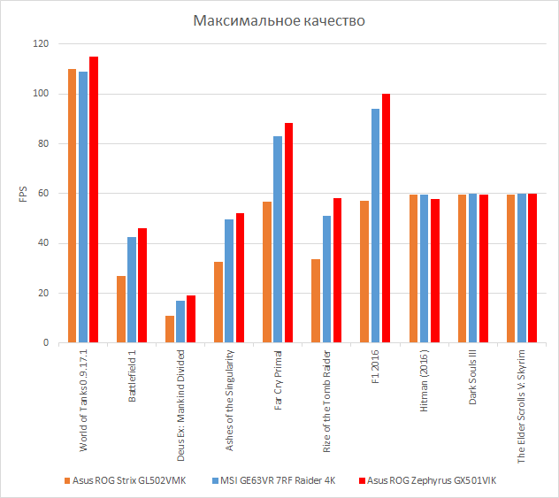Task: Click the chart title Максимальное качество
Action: coord(279,20)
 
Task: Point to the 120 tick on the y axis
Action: coord(41,44)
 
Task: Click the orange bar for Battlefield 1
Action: coord(121,309)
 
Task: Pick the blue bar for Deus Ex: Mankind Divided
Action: coord(180,321)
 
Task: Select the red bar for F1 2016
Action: coord(386,218)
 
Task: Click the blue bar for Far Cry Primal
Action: coord(278,239)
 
